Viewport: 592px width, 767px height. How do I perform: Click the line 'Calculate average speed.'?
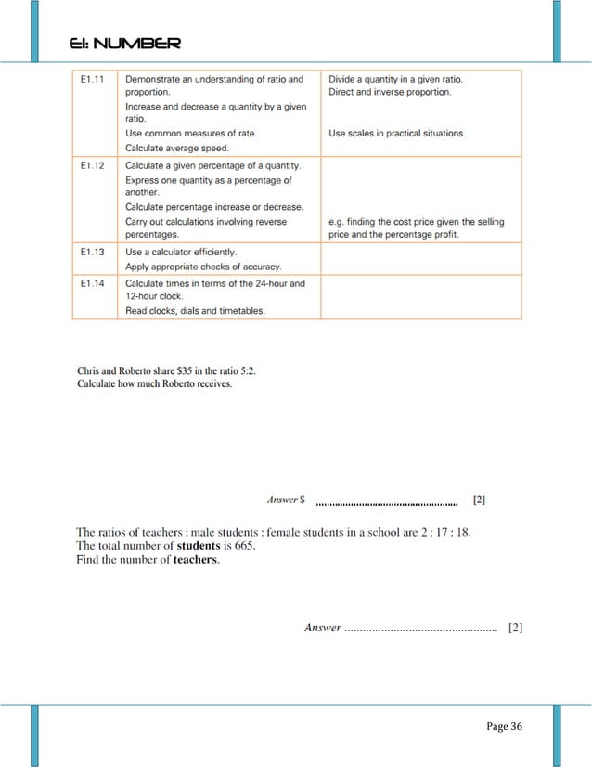coord(176,148)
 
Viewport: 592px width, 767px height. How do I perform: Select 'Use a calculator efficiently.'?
coord(181,252)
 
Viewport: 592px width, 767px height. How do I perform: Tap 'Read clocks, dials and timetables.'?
coord(195,311)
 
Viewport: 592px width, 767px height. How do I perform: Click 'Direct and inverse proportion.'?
coord(390,93)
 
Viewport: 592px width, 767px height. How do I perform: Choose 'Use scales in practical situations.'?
coord(397,134)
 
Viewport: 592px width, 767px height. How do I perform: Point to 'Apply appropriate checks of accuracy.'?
coord(203,266)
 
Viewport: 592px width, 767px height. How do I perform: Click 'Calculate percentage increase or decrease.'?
coord(214,207)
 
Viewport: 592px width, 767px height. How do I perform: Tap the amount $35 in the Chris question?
coord(174,370)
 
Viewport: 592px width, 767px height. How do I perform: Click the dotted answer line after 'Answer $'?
coord(387,504)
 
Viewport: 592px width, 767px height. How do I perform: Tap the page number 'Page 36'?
coord(504,726)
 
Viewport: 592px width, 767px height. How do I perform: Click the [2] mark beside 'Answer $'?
coord(479,500)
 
